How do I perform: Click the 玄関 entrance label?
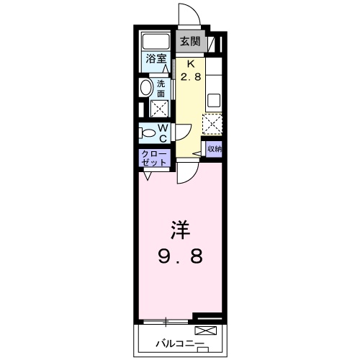(189, 41)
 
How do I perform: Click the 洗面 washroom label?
(161, 88)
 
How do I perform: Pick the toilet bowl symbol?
(147, 132)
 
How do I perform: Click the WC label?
(163, 132)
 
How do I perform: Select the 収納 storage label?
(215, 149)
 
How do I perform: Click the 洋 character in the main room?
(179, 232)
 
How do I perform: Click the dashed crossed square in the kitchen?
(213, 125)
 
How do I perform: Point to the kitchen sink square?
(215, 100)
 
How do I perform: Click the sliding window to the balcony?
(167, 319)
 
